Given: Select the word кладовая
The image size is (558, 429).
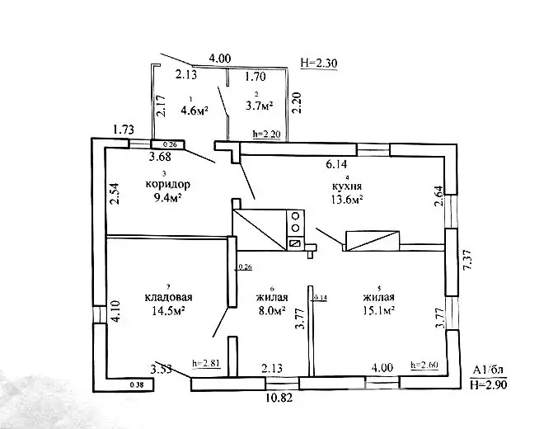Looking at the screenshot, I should pos(168,298).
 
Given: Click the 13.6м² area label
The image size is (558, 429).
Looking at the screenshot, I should pos(348,199).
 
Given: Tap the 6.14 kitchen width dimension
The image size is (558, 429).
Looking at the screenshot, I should pos(337,165).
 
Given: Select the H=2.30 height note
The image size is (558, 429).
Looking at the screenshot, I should pos(318,61).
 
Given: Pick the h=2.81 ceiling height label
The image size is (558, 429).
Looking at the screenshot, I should pos(205,362).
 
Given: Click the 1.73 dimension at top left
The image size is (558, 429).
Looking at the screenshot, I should pos(124,130).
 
